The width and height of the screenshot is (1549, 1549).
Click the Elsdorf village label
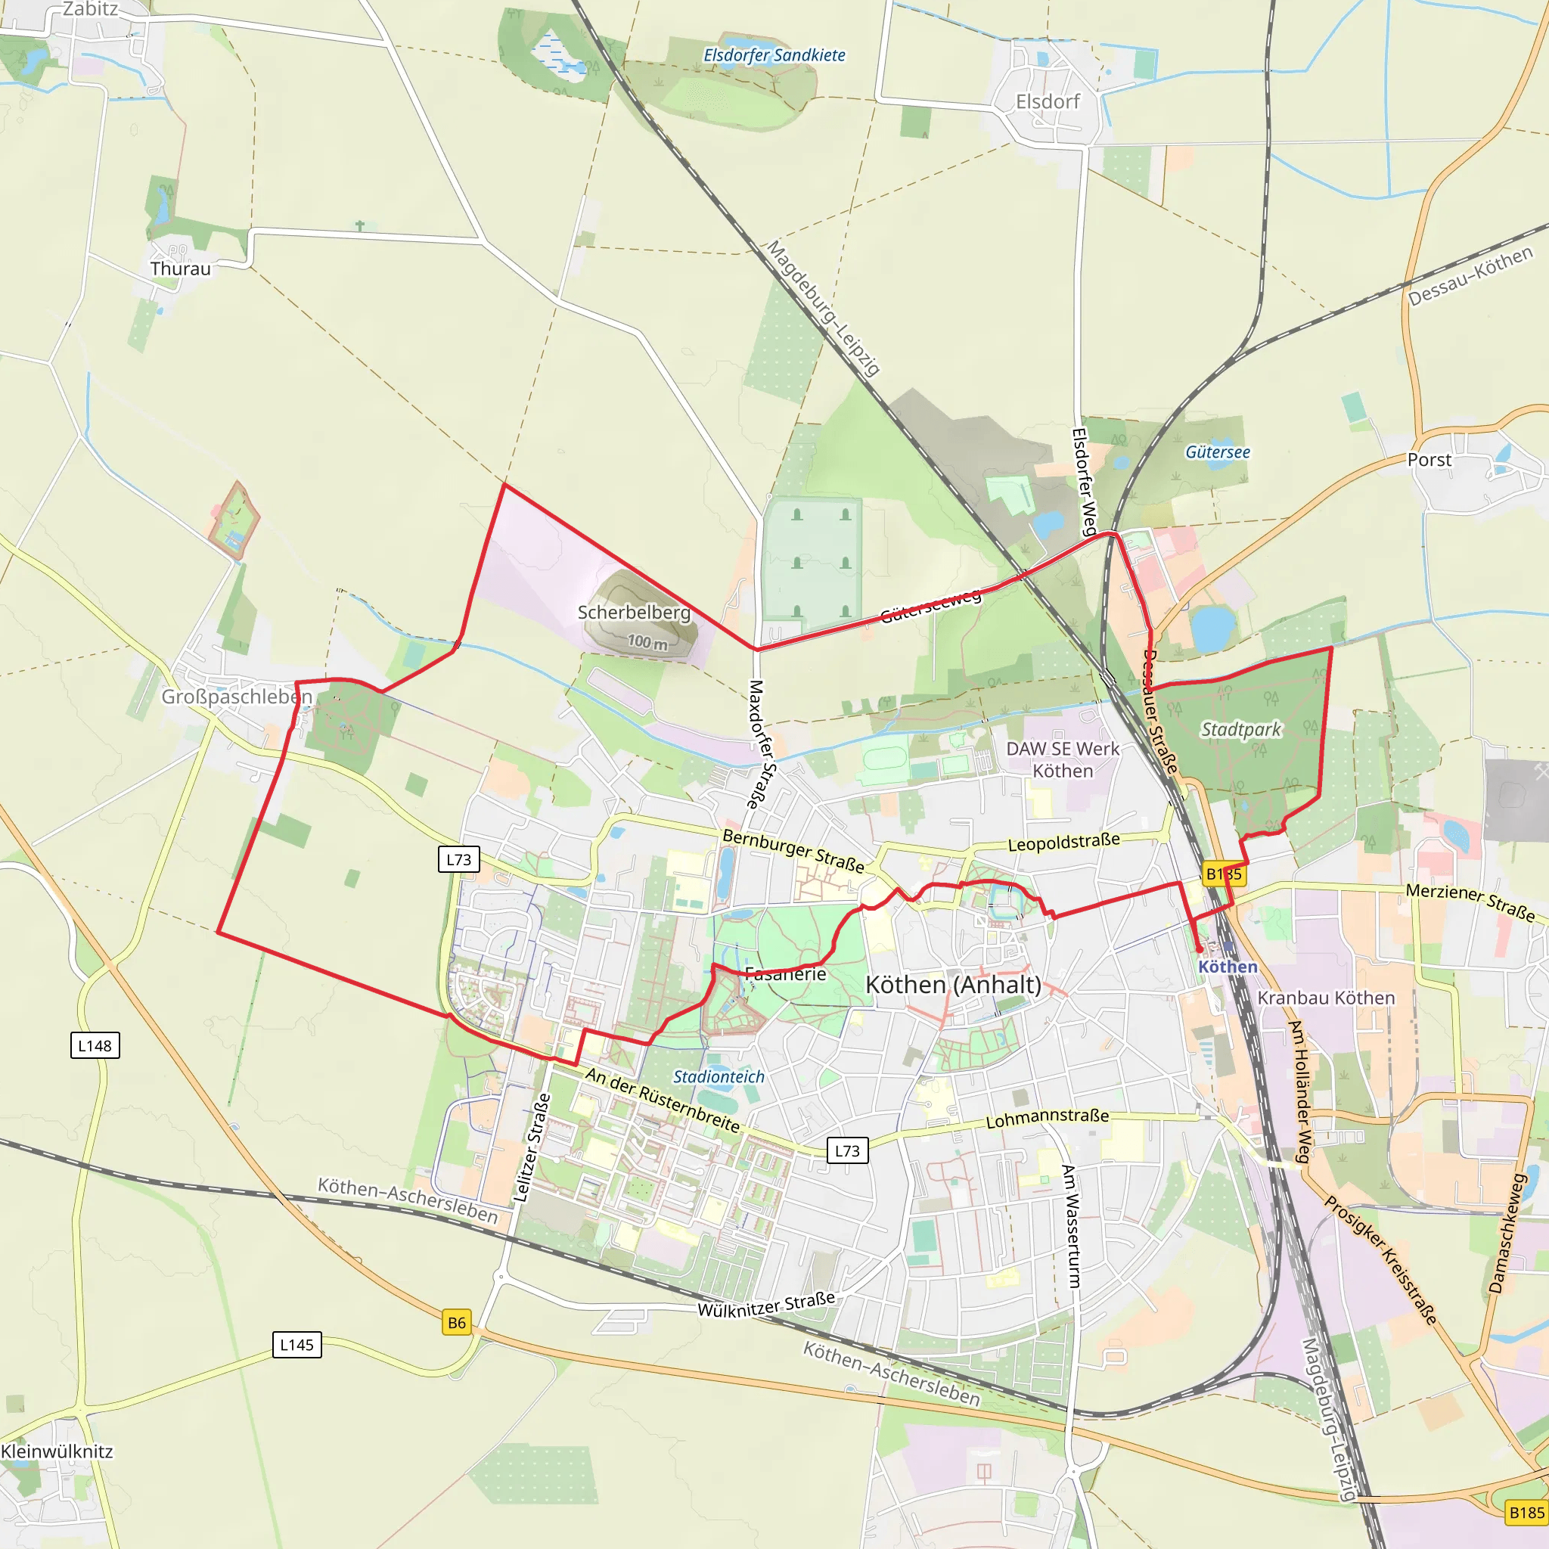point(1047,102)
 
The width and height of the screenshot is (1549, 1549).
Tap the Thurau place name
point(181,269)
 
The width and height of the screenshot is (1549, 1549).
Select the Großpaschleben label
point(237,696)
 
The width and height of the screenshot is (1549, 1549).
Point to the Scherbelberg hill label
point(633,613)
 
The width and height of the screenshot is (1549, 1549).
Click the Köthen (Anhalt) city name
point(953,985)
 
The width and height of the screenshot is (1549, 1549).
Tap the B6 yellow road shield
point(456,1323)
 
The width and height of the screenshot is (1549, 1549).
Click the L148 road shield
point(95,1045)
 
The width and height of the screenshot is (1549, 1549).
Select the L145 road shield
point(296,1345)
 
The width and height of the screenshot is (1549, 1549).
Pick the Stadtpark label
point(1240,730)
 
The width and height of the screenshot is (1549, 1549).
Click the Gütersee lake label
point(1217,452)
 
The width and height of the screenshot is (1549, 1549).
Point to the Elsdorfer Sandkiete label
point(774,55)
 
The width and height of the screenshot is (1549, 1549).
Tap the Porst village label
point(1429,460)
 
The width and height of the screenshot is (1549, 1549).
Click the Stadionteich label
point(719,1077)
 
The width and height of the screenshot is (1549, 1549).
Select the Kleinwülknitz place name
point(57,1451)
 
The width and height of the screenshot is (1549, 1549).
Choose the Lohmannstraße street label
point(1047,1118)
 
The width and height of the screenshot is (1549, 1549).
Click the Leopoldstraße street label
point(1063,843)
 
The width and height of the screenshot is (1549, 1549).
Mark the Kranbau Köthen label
point(1326,998)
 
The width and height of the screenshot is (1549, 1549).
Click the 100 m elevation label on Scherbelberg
point(647,641)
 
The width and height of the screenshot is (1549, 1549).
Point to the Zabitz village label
point(90,10)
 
